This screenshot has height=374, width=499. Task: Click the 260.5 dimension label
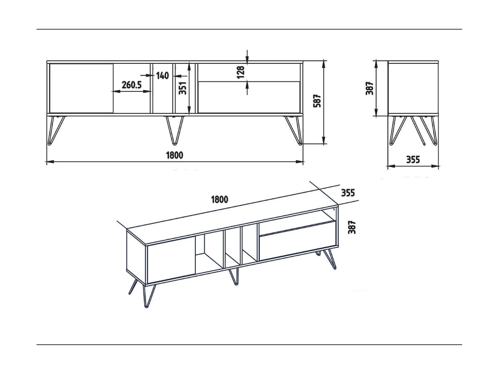click(131, 85)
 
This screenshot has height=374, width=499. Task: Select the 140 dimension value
click(162, 76)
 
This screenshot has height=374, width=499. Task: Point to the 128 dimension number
click(241, 72)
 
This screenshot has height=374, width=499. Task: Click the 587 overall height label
click(317, 101)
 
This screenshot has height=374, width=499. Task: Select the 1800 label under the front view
click(174, 155)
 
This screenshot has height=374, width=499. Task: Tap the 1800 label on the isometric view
click(220, 199)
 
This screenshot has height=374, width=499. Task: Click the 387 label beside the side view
click(370, 88)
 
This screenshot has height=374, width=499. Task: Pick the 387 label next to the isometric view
click(352, 227)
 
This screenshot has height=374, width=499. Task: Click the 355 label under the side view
click(413, 160)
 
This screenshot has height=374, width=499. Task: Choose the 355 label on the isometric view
click(348, 193)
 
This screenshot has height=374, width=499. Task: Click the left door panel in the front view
click(81, 88)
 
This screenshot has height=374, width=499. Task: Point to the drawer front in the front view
click(249, 97)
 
